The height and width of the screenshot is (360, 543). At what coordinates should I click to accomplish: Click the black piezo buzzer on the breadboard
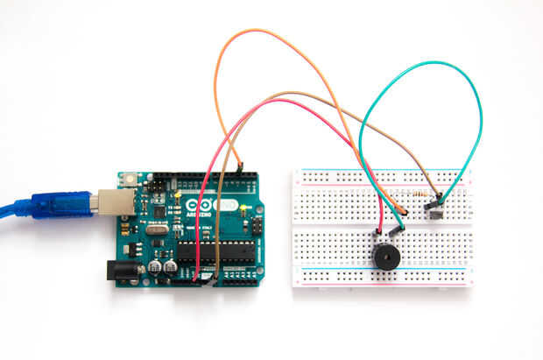point(384,258)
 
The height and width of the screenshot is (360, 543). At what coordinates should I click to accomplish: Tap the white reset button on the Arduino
point(130,180)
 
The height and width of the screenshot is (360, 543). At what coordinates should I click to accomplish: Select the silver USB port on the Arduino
point(111,202)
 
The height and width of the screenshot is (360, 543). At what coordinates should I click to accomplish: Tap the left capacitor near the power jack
point(154,265)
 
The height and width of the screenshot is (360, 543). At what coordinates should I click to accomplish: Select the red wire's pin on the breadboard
point(380,229)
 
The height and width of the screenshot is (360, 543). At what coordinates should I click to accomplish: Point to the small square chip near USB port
point(158,212)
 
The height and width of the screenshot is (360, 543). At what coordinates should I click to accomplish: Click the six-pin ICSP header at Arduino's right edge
point(257,227)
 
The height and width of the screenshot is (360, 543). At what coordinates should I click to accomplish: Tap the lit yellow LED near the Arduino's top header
point(176,187)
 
